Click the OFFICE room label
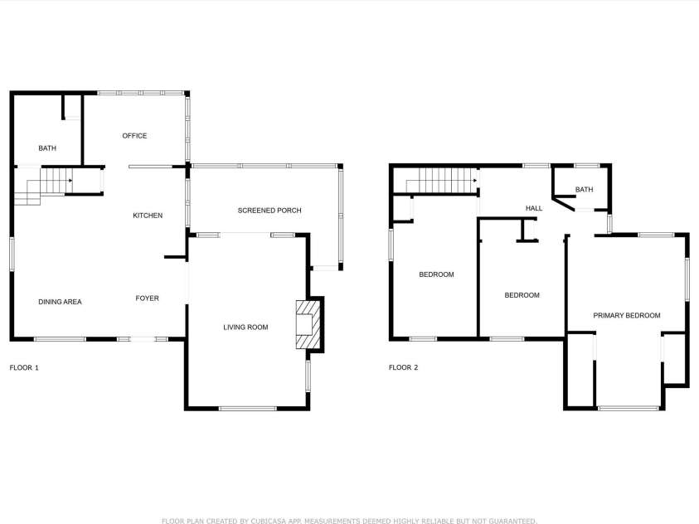(x=134, y=136)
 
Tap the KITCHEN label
(x=148, y=216)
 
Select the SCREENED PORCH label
(x=269, y=211)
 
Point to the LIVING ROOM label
(x=245, y=327)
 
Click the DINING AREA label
(x=60, y=302)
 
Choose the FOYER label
(x=147, y=298)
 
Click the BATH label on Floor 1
(x=47, y=148)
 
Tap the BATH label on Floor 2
(x=584, y=190)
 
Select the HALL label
(x=534, y=209)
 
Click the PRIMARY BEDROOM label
(x=626, y=315)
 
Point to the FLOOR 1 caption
(x=24, y=367)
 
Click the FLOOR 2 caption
(x=404, y=367)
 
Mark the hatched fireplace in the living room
(x=308, y=324)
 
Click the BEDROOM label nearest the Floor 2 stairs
(x=436, y=274)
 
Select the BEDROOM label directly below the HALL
(x=522, y=295)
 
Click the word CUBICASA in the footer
(x=269, y=521)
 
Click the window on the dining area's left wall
(x=12, y=254)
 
